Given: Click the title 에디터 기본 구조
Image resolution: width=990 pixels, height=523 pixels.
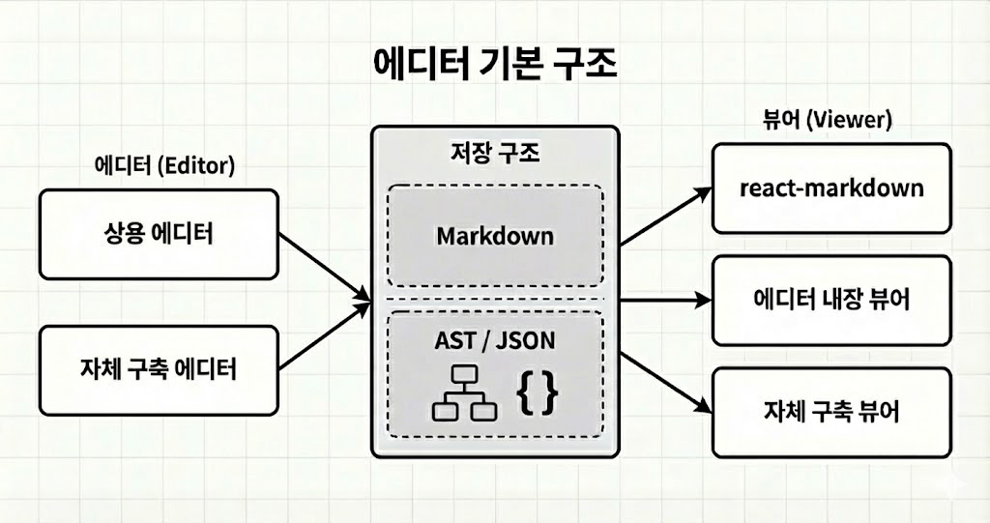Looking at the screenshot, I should coord(494,66).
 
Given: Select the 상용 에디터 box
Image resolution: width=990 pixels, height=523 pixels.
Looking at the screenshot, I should coord(159,234).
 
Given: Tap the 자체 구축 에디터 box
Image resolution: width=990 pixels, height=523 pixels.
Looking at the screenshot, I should coord(159,370).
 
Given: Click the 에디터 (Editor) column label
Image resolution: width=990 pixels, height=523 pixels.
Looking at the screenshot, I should coord(164,165).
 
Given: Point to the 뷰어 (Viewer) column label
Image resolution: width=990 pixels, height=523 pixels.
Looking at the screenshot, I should coord(828,121).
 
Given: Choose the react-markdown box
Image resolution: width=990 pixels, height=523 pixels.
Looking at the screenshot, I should coord(830,188).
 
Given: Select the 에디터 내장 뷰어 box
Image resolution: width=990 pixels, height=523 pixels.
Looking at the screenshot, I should coord(830,300).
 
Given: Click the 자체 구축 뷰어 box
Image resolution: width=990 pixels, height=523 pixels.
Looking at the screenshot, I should coord(830,412).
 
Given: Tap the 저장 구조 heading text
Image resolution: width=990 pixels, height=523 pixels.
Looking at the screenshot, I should coord(495,152).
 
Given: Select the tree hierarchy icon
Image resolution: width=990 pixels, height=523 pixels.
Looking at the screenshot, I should coord(462,394).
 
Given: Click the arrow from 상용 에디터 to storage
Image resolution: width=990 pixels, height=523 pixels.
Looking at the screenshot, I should coord(324,266).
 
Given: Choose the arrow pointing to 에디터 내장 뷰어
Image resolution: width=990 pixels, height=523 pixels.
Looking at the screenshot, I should coord(665,301).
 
